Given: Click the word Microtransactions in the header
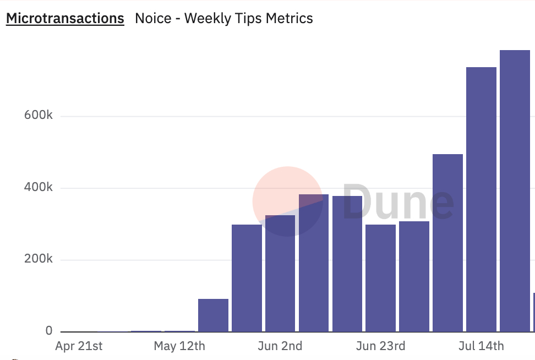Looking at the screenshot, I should coord(65,18).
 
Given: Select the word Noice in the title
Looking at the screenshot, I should coord(154,18).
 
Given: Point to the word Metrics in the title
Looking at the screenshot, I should coord(290,18).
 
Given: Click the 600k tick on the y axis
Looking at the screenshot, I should coord(38,116).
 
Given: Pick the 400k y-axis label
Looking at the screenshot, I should coord(38,188).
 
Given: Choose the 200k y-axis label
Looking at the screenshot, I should coord(38,259).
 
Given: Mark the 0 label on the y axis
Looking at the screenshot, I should coord(49,331).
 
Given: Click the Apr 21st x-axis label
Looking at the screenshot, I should coord(79,346).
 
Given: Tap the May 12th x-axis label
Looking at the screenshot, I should coord(179,346).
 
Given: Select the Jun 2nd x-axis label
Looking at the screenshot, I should coord(280,346).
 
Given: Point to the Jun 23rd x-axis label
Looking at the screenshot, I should coord(381,346).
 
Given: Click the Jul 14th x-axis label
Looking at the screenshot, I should coord(481,346).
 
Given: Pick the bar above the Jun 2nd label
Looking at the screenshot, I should coord(280,275).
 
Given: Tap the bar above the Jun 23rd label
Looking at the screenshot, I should coord(381,278).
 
